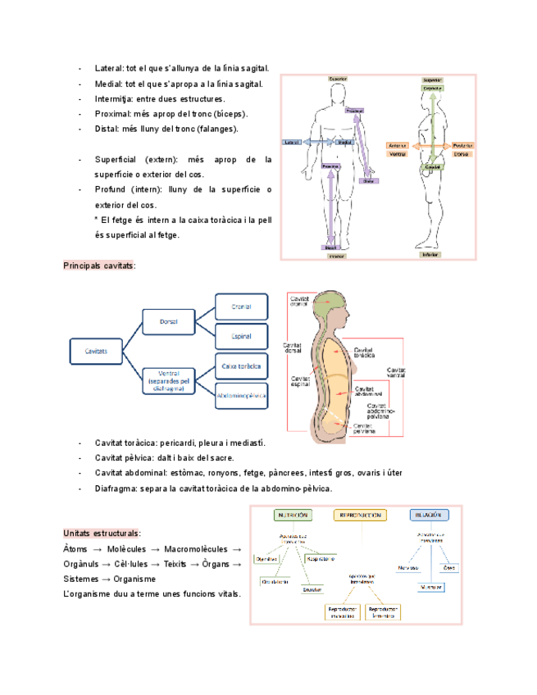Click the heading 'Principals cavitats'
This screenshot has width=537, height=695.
pos(99,266)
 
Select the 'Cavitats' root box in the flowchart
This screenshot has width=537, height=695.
pos(96,352)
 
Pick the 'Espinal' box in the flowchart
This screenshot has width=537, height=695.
pos(240,336)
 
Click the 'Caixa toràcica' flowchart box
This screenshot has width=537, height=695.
pos(240,366)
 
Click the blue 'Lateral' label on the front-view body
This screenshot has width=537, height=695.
pos(292,143)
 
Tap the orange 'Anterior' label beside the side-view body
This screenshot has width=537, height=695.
pos(398,145)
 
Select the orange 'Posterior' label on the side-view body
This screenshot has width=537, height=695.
pos(462,145)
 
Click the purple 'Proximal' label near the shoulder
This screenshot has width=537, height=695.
pos(355,111)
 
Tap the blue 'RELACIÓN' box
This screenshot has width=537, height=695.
pos(429,516)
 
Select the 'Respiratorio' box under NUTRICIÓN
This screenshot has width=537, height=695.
pos(321,559)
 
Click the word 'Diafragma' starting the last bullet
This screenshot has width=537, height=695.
pos(116,488)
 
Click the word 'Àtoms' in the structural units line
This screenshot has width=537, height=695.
pos(76,548)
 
